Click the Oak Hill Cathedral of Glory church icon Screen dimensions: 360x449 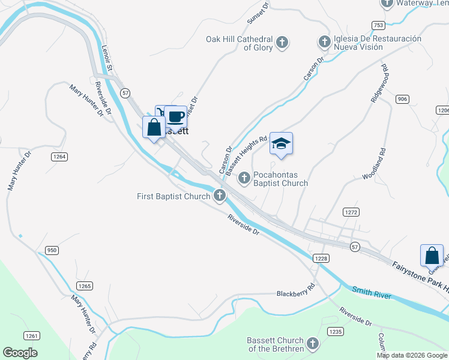282,43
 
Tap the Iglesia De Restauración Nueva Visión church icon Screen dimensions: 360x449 324,42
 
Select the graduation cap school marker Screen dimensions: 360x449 281,143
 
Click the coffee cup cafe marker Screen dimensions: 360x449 176,116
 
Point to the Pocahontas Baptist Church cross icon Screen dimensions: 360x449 244,178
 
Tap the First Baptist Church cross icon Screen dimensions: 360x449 220,195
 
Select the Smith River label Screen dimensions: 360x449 372,293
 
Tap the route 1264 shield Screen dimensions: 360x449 59,157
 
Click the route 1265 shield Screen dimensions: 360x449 85,286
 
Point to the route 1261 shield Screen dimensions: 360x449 32,335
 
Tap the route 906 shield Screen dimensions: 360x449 402,98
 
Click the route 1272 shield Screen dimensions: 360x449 351,212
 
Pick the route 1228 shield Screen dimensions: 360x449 321,258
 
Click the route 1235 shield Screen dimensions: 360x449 335,331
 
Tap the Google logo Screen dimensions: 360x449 20,353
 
